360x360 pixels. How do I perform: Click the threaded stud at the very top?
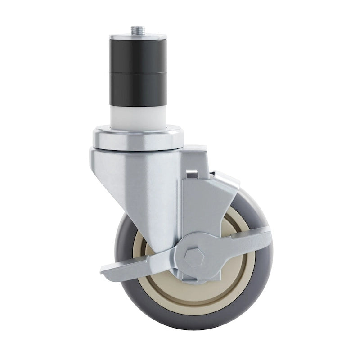pos(135,31)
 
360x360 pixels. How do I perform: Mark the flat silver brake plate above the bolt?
pos(205,207)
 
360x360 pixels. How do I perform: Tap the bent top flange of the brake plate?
pos(225,178)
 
